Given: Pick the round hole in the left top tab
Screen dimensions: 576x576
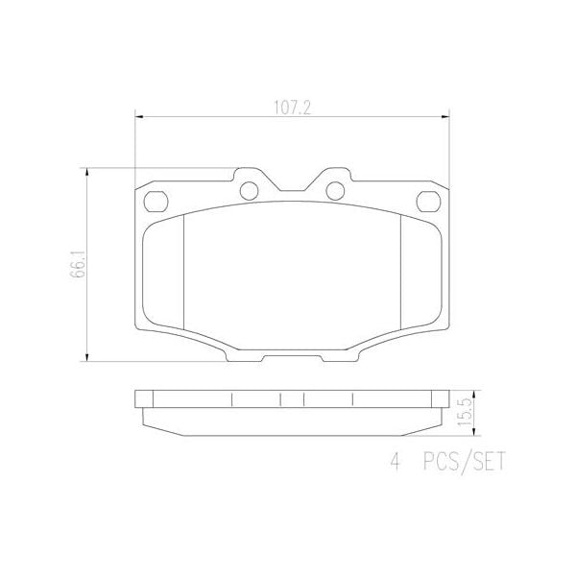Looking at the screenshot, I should point(251,190).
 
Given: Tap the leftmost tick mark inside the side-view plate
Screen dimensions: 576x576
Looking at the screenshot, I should point(231,399).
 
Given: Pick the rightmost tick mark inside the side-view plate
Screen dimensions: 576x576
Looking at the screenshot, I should point(352,399).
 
